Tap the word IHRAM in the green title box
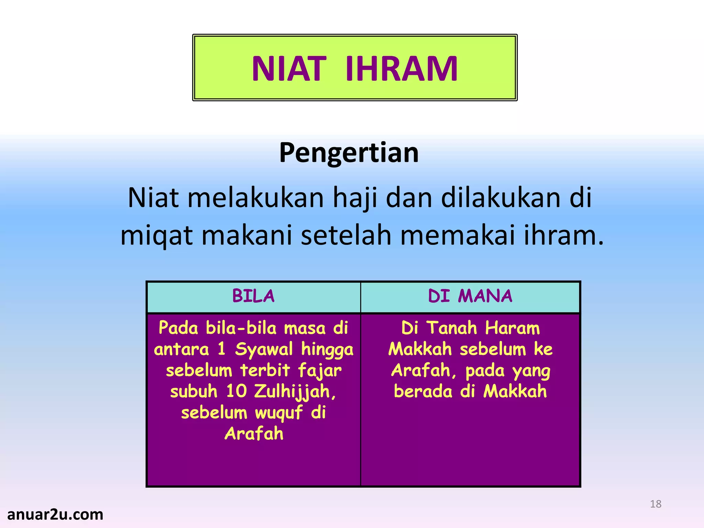(401, 69)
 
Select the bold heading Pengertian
(349, 152)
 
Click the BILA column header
(253, 296)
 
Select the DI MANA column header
(470, 296)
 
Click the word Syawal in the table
(264, 350)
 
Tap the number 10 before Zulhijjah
(236, 391)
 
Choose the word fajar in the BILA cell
(320, 371)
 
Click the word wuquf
(279, 413)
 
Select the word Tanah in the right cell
(452, 328)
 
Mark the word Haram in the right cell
(512, 328)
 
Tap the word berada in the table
(423, 392)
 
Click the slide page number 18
(656, 504)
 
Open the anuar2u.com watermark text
(55, 515)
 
